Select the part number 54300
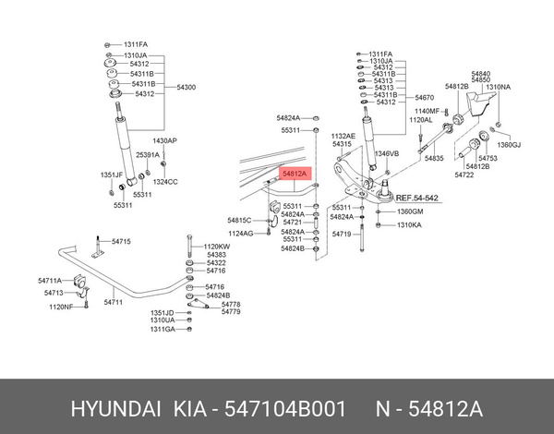[186, 86]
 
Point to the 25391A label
[148, 155]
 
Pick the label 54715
[121, 241]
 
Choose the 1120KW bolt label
[217, 247]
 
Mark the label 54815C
[239, 220]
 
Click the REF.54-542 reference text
[417, 198]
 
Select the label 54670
[425, 97]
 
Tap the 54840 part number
[480, 72]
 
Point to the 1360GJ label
[510, 146]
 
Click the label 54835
[434, 159]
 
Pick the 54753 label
[488, 158]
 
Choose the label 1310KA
[409, 224]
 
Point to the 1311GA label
[163, 329]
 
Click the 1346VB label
[386, 153]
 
